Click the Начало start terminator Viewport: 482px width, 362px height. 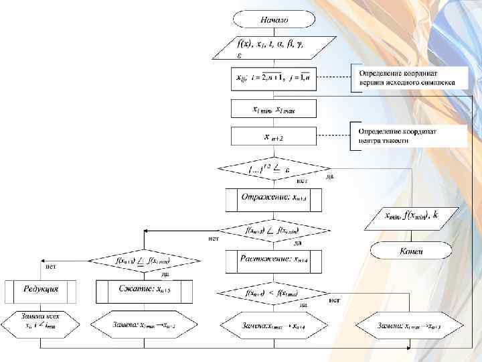[x=274, y=20]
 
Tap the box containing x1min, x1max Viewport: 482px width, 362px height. [x=273, y=109]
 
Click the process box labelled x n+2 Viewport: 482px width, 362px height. [x=273, y=137]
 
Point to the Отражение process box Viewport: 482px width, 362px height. [x=273, y=199]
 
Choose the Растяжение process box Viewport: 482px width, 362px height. [x=273, y=258]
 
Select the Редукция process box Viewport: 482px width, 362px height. [x=41, y=290]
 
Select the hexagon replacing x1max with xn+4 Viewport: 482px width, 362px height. [x=273, y=326]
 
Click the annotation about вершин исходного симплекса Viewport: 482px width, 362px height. [x=408, y=78]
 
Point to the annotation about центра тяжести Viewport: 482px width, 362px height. [x=408, y=135]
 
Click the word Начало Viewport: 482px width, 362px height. [x=274, y=20]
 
